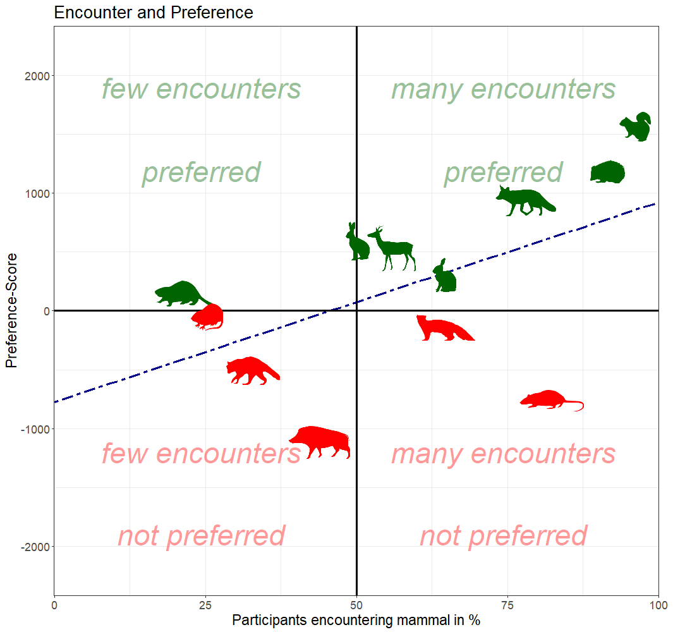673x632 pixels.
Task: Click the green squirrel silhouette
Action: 635,127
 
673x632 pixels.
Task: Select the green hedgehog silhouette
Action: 609,173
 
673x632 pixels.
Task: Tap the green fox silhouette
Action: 524,202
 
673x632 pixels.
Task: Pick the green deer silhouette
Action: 394,248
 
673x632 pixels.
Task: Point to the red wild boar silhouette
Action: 320,441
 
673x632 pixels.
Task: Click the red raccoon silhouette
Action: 251,371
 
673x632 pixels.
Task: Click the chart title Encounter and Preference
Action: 154,12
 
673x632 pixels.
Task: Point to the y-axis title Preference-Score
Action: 11,310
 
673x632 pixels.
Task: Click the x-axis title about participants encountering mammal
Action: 356,620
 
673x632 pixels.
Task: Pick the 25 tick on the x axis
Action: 205,604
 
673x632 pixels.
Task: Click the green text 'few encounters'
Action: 202,89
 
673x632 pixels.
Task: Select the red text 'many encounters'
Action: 503,454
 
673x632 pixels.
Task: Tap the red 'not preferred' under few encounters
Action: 202,536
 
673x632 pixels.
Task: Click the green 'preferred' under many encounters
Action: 503,172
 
